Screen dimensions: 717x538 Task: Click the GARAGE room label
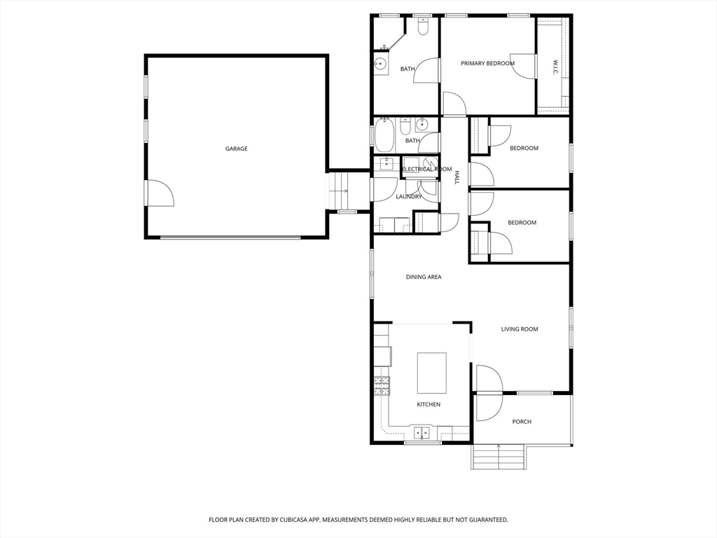(x=237, y=149)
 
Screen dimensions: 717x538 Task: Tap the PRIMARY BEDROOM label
(x=487, y=64)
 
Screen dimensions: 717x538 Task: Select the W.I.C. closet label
(x=555, y=67)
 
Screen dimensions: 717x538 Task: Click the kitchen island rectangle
(x=431, y=373)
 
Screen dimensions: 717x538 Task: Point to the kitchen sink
(x=422, y=432)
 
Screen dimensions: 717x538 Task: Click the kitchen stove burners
(x=382, y=386)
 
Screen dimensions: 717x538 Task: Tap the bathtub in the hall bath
(x=384, y=135)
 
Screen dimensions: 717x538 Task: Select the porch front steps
(x=498, y=457)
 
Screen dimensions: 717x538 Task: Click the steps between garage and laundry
(x=339, y=190)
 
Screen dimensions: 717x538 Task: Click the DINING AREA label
(x=424, y=277)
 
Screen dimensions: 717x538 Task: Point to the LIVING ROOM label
(x=520, y=329)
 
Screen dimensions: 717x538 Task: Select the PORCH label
(x=522, y=422)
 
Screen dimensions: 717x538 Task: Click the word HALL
(x=456, y=177)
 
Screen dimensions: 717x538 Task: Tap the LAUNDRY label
(x=409, y=197)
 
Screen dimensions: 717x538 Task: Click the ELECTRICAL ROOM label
(x=426, y=170)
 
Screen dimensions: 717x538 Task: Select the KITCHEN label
(x=429, y=404)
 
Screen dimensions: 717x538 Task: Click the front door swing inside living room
(x=489, y=378)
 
